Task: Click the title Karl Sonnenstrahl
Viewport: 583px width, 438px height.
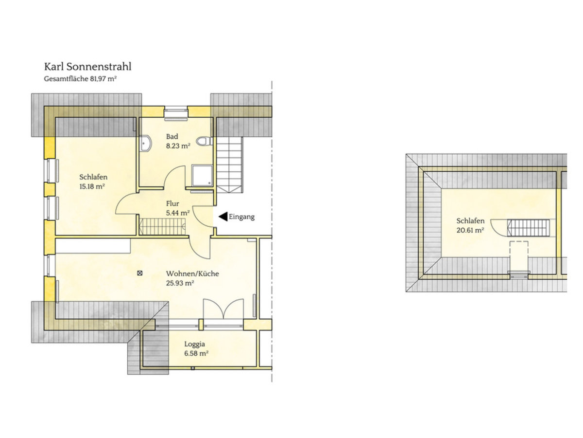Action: [87, 67]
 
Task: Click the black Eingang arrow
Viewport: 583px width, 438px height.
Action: [223, 217]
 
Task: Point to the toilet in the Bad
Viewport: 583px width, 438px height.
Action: [207, 141]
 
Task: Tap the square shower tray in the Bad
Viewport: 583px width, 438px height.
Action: [202, 175]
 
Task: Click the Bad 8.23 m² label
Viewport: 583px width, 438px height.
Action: [178, 141]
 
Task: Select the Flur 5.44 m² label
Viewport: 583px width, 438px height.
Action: [177, 208]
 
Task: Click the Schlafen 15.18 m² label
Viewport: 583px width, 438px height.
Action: [93, 182]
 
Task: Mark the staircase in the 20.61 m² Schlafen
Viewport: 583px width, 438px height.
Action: [529, 227]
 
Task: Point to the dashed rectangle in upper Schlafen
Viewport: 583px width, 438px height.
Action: [518, 255]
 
